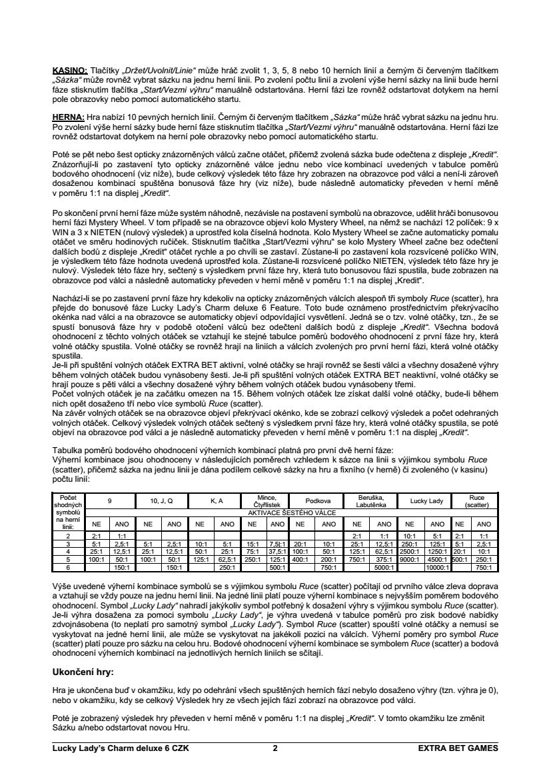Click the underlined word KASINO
69,71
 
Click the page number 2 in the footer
275,748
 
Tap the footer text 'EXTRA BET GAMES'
458,748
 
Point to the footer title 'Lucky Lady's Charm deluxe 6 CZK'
121,748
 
